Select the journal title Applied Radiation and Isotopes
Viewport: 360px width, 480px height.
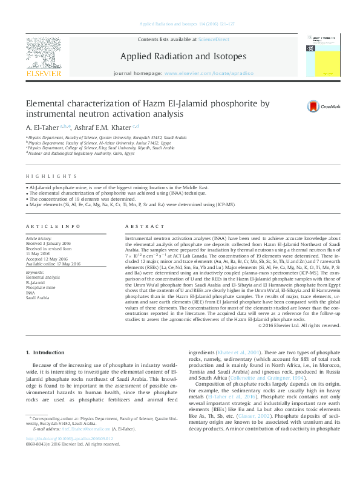click(x=183, y=57)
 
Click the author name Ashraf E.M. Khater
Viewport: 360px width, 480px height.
click(x=106, y=127)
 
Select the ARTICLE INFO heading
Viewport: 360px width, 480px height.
click(x=53, y=226)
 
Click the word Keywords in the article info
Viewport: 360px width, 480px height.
click(x=34, y=272)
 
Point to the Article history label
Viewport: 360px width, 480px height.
click(x=39, y=239)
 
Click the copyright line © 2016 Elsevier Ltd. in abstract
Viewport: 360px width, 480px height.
click(x=299, y=325)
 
